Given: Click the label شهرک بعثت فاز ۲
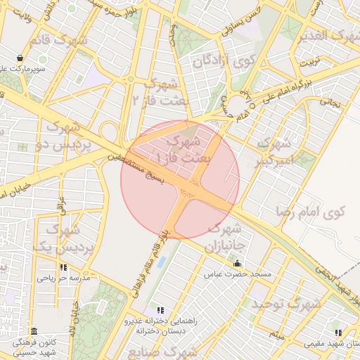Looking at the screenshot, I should (161, 93).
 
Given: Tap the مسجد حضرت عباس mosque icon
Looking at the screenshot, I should (236, 263).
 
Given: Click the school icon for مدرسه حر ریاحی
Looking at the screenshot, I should (64, 267).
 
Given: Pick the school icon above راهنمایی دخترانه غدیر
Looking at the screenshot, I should (160, 309).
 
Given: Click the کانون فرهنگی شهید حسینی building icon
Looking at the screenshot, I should (33, 330).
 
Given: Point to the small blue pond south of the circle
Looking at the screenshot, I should (162, 262).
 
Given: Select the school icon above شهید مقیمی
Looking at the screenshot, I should (338, 333).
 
